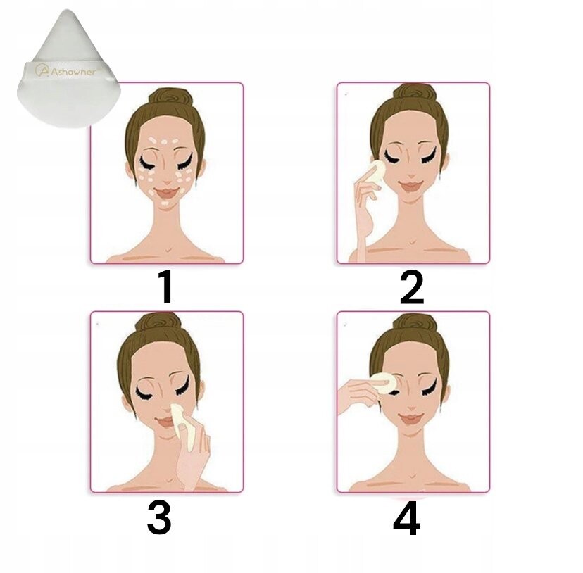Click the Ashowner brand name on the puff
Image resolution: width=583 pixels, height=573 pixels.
[73, 71]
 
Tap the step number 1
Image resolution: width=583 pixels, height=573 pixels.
[165, 287]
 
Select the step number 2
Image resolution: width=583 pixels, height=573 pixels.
[412, 287]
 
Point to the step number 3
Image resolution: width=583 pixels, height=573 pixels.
[159, 517]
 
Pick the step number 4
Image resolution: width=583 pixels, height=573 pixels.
[407, 517]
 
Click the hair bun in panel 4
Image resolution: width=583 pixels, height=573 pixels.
[415, 323]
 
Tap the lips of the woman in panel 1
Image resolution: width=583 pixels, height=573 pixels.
[168, 193]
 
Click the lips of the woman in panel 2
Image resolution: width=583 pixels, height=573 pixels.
[411, 185]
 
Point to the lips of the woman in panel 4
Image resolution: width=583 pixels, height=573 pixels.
[411, 419]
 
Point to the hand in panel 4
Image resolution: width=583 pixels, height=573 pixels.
[359, 396]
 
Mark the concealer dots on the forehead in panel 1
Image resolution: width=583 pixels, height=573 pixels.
[163, 142]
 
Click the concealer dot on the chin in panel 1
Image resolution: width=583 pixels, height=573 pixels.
[165, 203]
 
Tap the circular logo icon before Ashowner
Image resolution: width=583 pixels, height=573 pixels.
[42, 70]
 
